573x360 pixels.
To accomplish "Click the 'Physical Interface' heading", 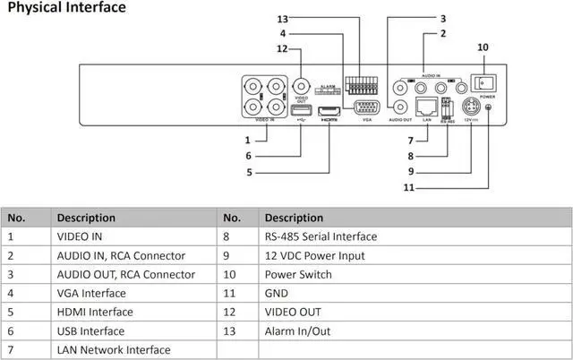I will point(66,8).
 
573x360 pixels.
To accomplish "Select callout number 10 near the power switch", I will point(483,47).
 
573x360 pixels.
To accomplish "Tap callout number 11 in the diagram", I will point(408,187).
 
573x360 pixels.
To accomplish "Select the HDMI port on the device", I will point(329,110).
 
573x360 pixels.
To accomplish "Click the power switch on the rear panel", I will point(486,82).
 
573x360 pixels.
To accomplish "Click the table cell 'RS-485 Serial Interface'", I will point(321,236).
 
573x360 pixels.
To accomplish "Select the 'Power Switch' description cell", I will point(301,274).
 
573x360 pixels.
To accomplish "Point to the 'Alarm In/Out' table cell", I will point(299,330).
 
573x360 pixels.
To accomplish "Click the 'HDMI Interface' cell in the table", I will point(95,312).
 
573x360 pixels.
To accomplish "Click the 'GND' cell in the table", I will point(278,293).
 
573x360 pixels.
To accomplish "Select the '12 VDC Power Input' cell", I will point(314,255).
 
